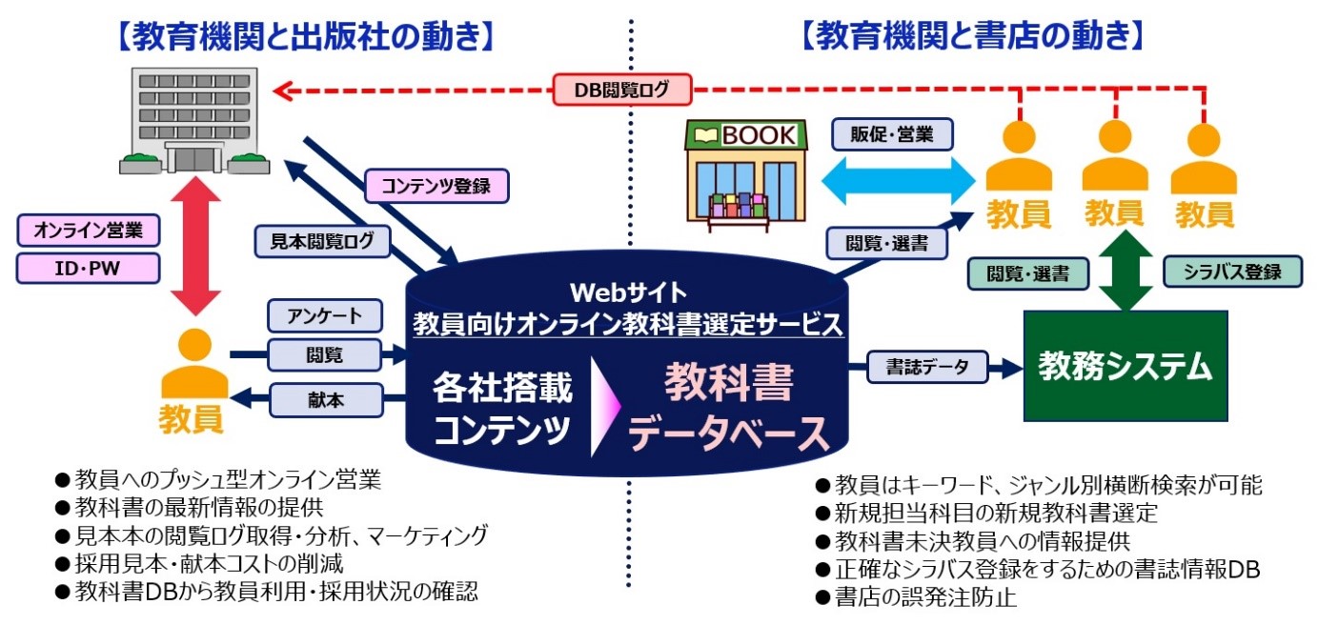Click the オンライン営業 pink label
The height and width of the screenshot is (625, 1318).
click(88, 231)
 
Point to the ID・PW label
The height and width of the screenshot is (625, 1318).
click(88, 269)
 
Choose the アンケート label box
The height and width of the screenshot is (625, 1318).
click(324, 315)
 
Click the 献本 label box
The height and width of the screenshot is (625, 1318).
click(324, 399)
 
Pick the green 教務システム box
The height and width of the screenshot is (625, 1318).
click(1125, 366)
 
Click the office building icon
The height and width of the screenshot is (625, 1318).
click(194, 120)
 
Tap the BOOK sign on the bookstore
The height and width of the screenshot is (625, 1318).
click(743, 135)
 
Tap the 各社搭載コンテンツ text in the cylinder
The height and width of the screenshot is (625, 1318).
click(502, 409)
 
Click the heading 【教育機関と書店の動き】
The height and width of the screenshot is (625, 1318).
click(969, 36)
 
